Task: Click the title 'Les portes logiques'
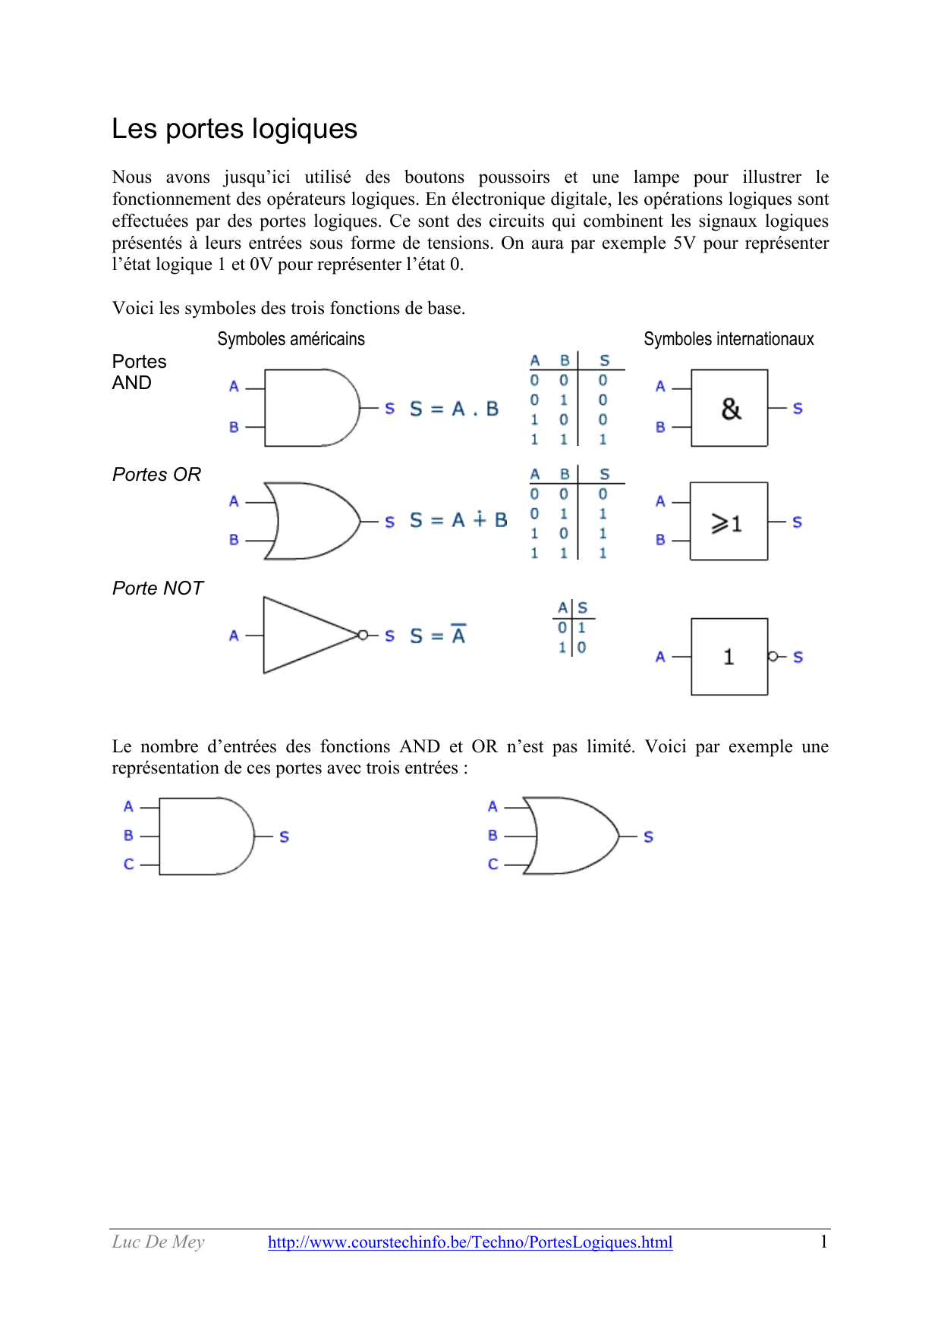click(234, 129)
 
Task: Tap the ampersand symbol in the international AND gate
click(731, 409)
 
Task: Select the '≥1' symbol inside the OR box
click(726, 523)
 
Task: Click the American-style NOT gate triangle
click(304, 635)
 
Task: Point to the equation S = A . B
click(454, 410)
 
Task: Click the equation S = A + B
click(458, 520)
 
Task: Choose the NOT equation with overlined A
click(438, 636)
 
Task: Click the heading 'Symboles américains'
click(291, 339)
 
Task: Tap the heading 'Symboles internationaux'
click(729, 339)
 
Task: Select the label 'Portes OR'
click(156, 475)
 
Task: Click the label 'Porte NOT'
click(158, 589)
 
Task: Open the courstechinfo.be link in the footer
click(470, 1242)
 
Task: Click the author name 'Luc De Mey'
click(159, 1242)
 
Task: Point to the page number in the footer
click(823, 1242)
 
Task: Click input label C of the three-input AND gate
click(129, 865)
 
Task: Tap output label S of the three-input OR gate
click(649, 837)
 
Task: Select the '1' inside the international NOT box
click(729, 657)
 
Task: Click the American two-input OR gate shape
click(311, 521)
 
